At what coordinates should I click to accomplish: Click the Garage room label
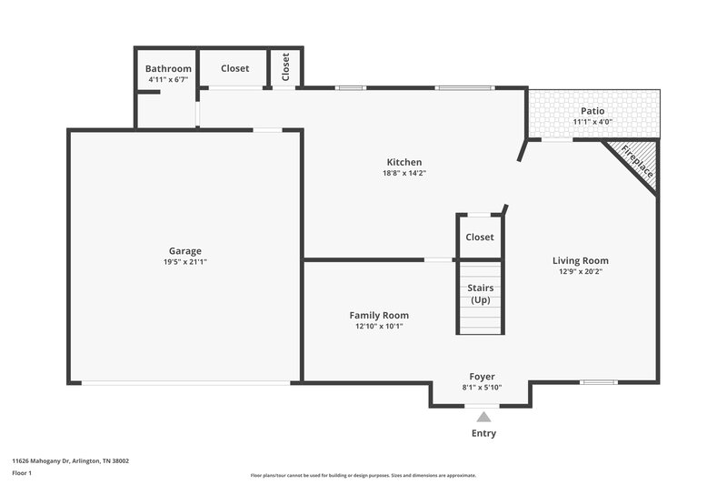184,251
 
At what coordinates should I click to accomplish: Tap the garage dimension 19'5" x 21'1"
184,262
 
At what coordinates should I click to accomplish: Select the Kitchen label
403,162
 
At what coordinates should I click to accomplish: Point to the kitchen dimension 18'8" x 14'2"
403,173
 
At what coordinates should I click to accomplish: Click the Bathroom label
168,68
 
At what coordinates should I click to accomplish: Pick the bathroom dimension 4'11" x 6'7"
168,79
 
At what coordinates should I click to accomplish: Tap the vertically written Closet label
285,67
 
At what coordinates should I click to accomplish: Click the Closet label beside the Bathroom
234,68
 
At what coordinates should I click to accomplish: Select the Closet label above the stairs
479,237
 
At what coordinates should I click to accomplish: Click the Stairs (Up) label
480,294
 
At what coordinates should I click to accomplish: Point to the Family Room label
379,315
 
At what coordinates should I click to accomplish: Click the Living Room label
580,260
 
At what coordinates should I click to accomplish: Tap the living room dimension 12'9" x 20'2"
580,271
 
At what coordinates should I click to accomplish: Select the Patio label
593,111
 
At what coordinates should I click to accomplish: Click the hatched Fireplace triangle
637,158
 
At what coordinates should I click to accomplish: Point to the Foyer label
482,377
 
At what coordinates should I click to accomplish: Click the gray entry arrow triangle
483,416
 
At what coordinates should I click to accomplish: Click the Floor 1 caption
22,474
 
